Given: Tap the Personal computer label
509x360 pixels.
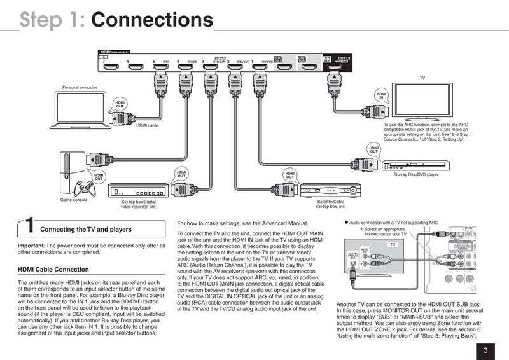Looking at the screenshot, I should click(80, 87).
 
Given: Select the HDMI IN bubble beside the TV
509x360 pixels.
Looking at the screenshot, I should click(381, 96).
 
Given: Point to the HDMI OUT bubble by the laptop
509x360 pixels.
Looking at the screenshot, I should click(120, 105).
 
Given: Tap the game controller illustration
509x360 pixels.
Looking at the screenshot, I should click(83, 189).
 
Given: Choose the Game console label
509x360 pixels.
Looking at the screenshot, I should click(74, 200).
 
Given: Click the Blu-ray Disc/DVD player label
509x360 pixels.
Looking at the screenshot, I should click(415, 174).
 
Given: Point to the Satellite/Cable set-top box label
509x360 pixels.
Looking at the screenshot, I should click(331, 204).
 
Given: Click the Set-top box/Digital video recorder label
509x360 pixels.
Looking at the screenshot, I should click(138, 204).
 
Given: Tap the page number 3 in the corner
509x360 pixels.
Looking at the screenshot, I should click(485, 350).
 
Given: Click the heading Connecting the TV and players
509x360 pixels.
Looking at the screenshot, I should click(86, 229).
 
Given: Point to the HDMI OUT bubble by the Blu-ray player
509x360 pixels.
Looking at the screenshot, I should click(373, 149).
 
